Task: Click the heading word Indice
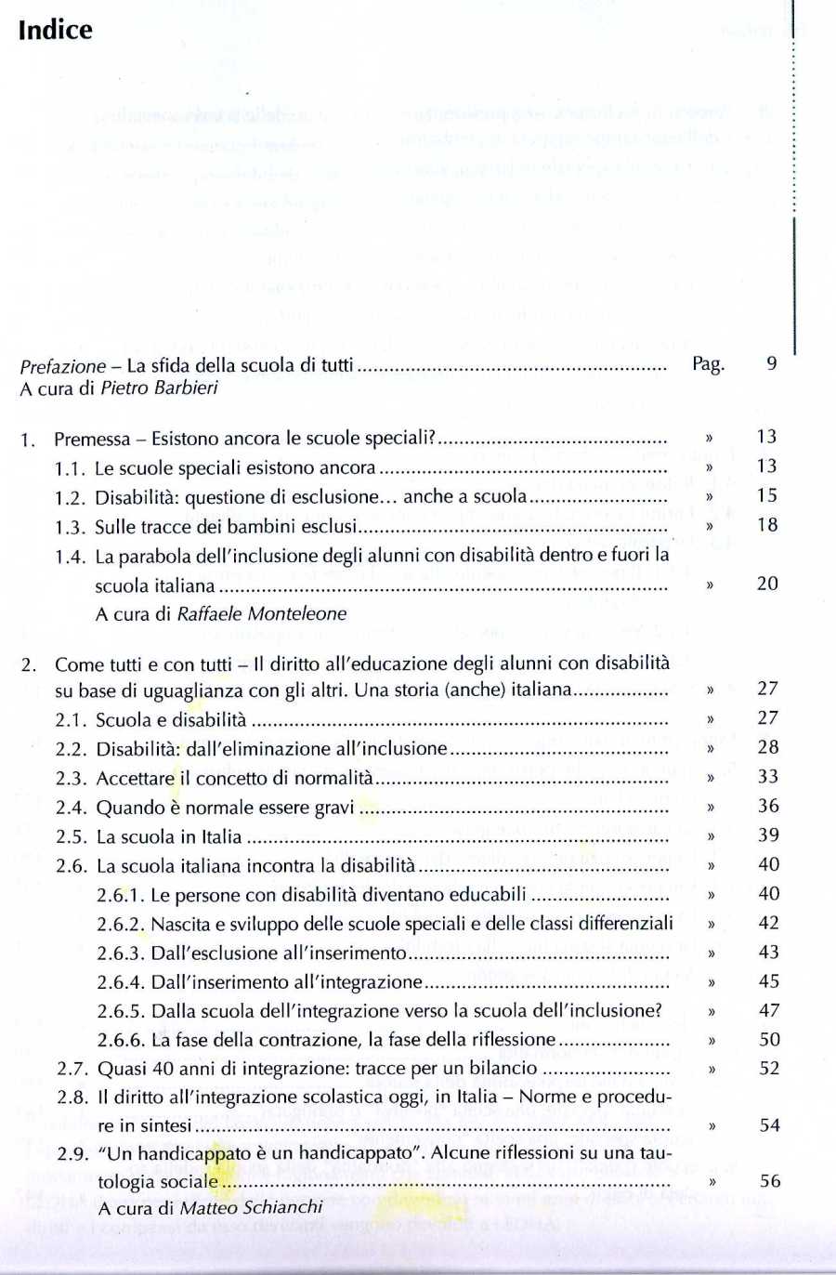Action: click(56, 30)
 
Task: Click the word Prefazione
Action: click(63, 365)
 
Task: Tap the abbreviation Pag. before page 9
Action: click(708, 363)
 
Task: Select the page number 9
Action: click(771, 363)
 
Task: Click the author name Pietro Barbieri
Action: click(159, 388)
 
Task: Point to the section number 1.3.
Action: click(70, 527)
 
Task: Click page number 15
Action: click(766, 495)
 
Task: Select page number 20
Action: click(767, 584)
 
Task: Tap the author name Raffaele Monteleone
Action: click(261, 613)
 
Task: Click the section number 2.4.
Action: click(71, 808)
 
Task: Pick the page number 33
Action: click(767, 776)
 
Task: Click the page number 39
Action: click(768, 835)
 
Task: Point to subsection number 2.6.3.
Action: click(120, 953)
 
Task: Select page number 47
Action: click(769, 1010)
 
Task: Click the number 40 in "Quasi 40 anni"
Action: click(163, 1068)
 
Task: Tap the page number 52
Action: click(769, 1068)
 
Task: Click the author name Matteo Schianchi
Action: click(251, 1207)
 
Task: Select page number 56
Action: click(770, 1181)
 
